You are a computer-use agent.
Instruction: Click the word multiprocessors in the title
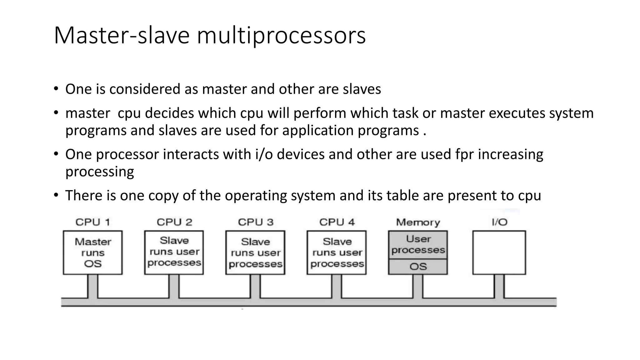(281, 35)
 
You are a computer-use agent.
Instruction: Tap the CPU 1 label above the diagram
(93, 222)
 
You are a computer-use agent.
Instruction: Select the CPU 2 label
(174, 222)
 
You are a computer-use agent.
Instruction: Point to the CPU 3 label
(256, 222)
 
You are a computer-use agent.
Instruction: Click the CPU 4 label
(337, 222)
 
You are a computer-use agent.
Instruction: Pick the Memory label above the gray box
(418, 222)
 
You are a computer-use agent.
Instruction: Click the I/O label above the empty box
(499, 222)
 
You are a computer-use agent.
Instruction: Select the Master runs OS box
(93, 252)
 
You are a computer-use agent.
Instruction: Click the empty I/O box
(499, 252)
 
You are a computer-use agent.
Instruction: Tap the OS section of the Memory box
(418, 267)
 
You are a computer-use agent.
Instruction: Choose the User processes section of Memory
(418, 245)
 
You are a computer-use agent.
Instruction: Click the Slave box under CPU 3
(255, 252)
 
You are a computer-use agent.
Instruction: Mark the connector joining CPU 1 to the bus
(93, 286)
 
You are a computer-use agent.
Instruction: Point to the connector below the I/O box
(499, 286)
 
